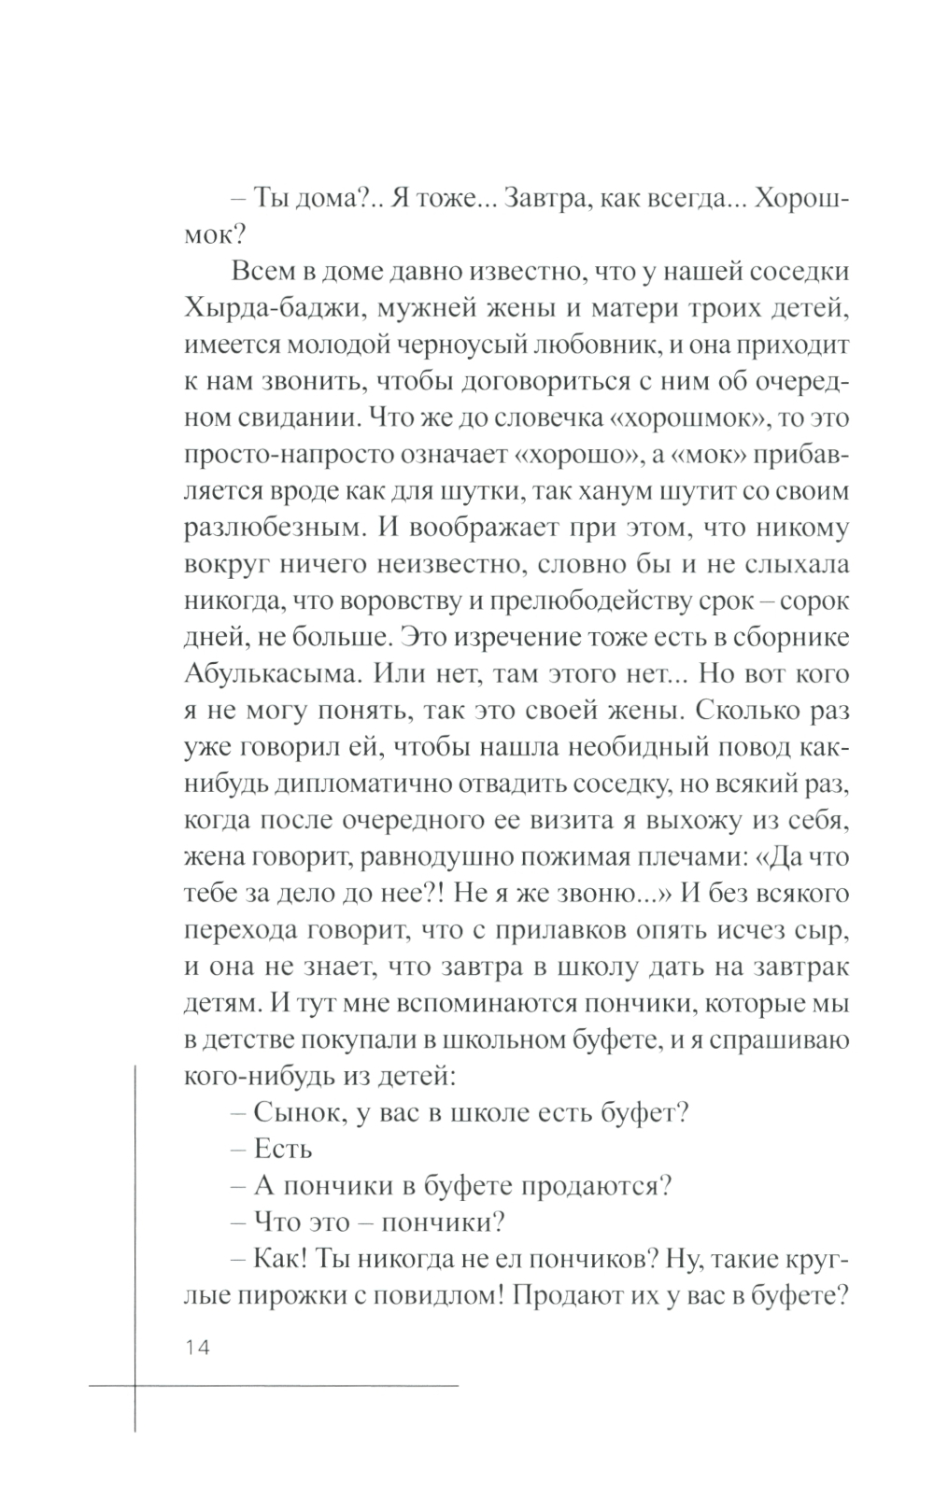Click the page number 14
(x=199, y=1347)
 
